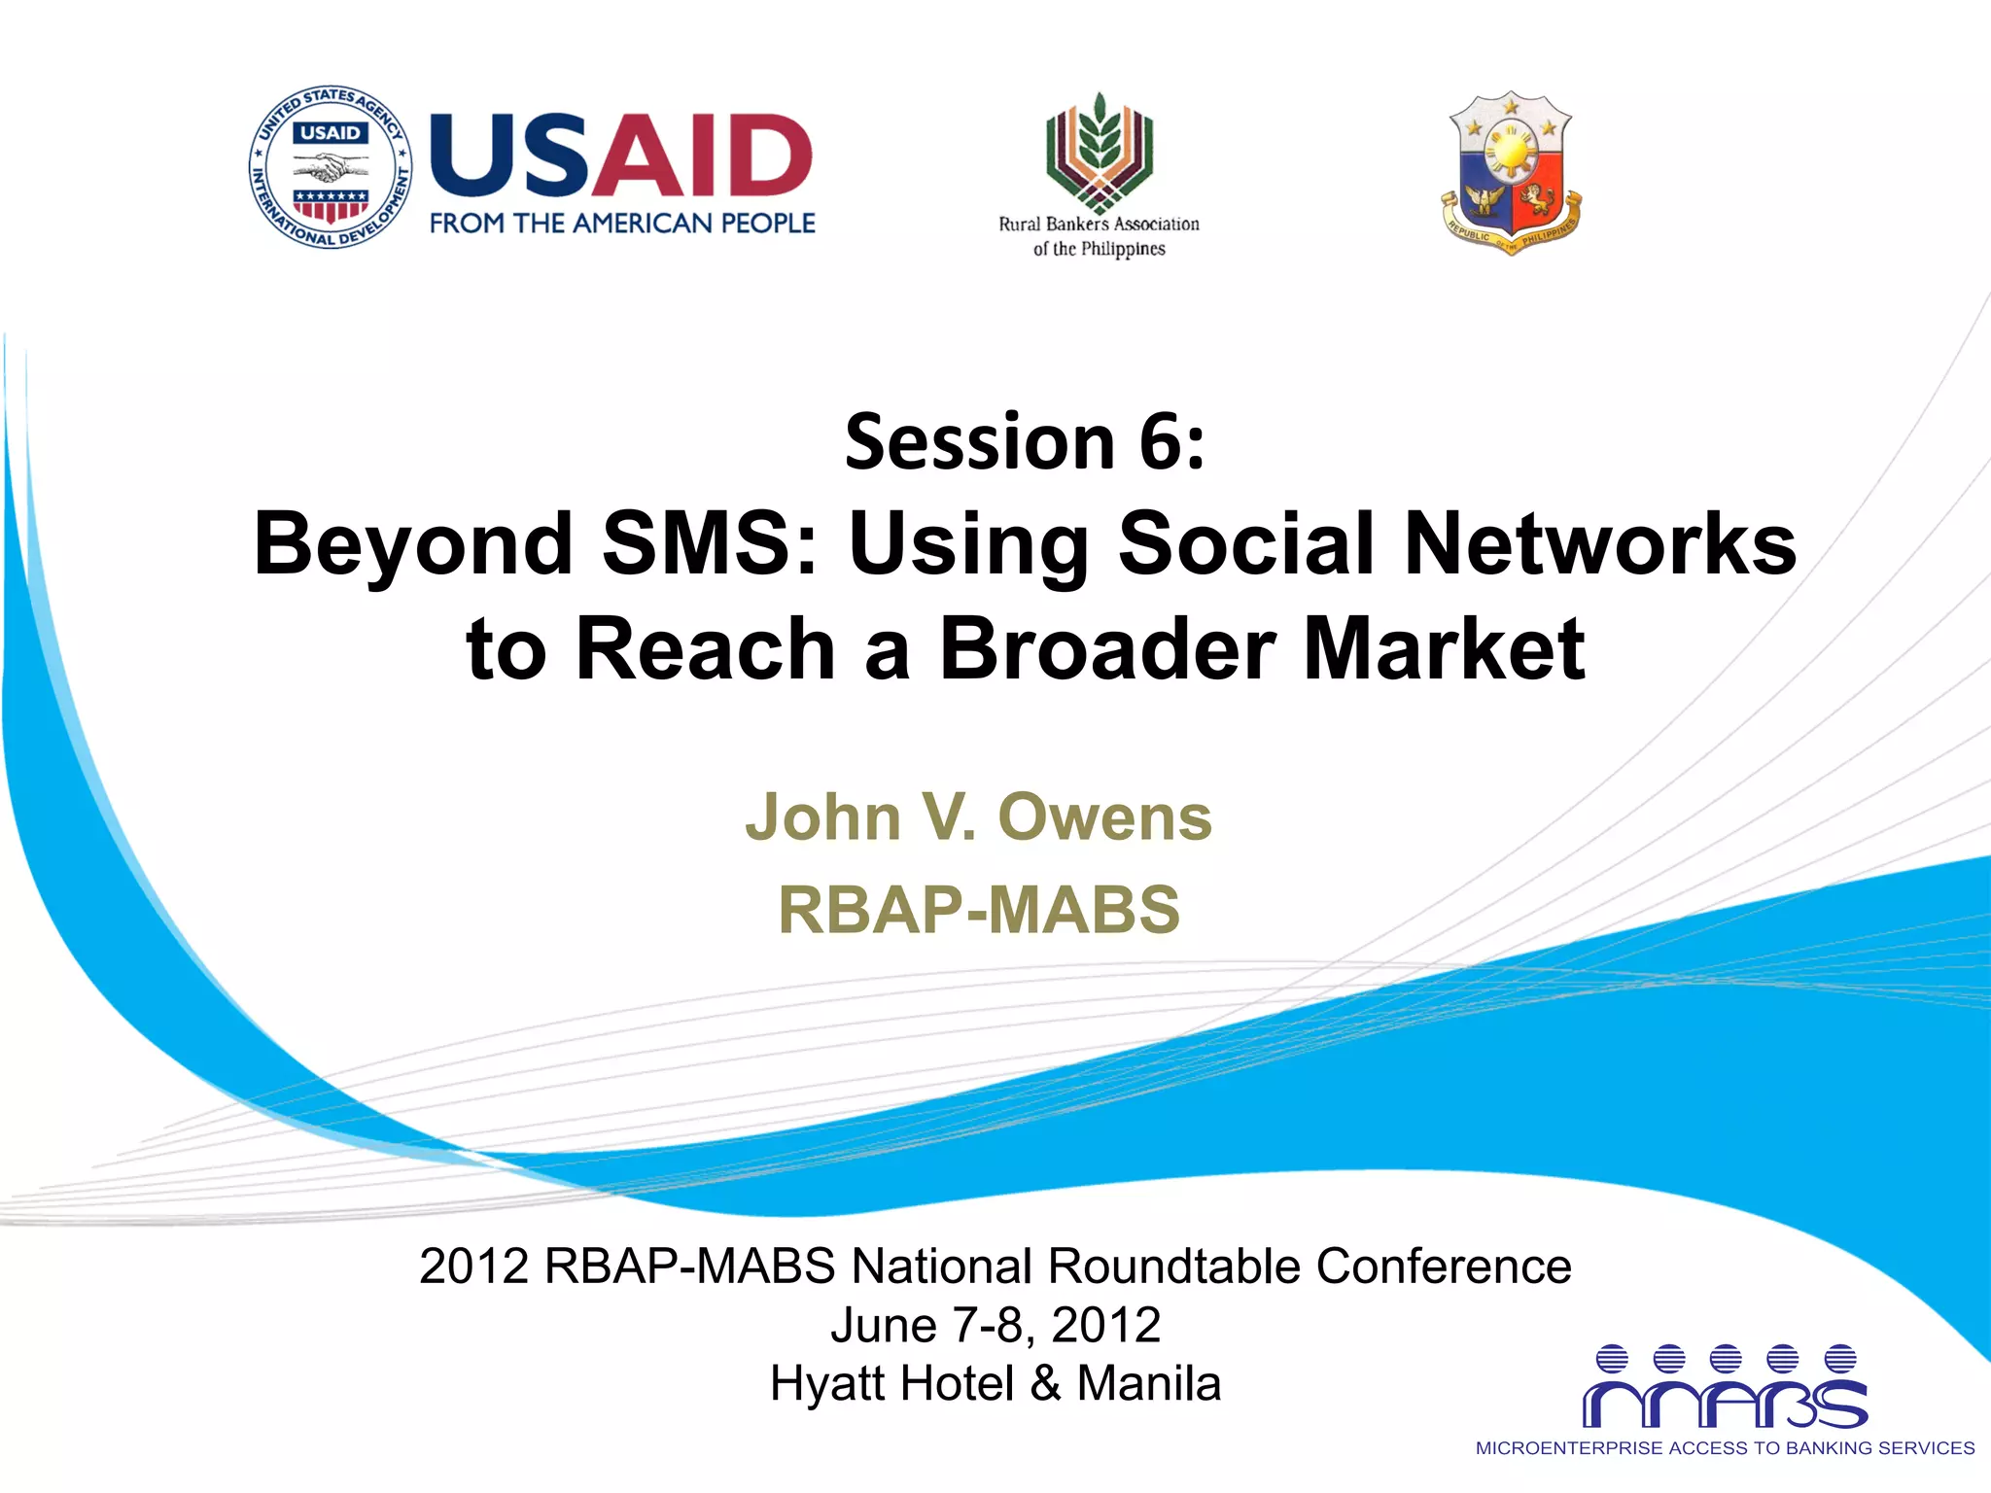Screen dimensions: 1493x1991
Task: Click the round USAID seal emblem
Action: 331,166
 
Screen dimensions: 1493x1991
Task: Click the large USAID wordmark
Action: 620,156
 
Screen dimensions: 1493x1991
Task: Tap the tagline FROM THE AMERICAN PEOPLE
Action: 622,224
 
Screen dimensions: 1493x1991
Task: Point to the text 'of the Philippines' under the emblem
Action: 1099,249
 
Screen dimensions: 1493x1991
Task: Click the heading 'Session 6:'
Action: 1025,442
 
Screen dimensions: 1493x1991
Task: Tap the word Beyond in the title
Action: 413,544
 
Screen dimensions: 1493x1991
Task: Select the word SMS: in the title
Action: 711,544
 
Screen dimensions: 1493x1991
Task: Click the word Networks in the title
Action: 1600,544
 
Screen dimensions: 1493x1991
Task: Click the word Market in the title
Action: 1444,649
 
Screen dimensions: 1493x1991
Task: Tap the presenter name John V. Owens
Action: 979,816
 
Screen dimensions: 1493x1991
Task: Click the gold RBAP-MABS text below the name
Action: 979,910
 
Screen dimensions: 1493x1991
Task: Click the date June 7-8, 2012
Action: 995,1325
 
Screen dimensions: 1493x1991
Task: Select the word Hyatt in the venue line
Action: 832,1383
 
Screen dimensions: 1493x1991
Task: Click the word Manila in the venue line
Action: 1148,1383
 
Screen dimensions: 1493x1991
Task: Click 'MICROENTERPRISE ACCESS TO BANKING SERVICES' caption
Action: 1725,1448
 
